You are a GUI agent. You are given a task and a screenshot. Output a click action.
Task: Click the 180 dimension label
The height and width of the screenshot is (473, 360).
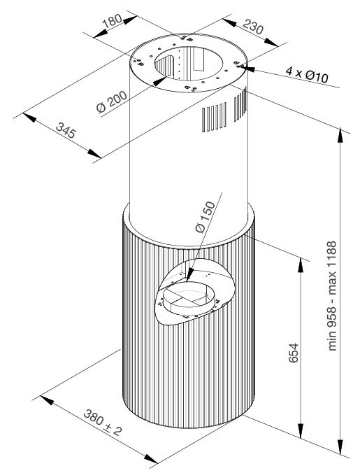112,21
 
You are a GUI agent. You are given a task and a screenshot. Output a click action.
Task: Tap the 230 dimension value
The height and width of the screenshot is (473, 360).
253,27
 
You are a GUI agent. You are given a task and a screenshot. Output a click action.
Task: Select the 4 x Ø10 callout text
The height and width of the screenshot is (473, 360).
307,74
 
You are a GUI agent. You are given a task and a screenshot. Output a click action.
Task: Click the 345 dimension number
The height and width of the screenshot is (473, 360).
66,130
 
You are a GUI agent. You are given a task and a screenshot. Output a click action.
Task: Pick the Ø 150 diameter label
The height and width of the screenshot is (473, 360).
206,216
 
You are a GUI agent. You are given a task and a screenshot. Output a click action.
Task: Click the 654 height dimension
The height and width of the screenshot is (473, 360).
293,353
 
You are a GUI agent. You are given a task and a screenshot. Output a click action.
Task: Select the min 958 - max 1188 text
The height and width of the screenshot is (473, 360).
331,295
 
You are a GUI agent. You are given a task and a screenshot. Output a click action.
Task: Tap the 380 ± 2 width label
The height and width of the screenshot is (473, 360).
103,423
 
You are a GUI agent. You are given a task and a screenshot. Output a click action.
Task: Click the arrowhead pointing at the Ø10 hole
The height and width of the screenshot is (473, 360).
247,68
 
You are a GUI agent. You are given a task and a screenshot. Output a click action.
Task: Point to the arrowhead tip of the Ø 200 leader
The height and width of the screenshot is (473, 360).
154,84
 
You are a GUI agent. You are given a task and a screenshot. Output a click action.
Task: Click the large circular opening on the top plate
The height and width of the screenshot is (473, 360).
189,63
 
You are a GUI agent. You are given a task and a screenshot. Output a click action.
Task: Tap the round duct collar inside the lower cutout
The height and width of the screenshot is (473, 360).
189,298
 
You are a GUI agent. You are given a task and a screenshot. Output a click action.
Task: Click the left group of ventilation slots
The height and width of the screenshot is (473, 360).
214,118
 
